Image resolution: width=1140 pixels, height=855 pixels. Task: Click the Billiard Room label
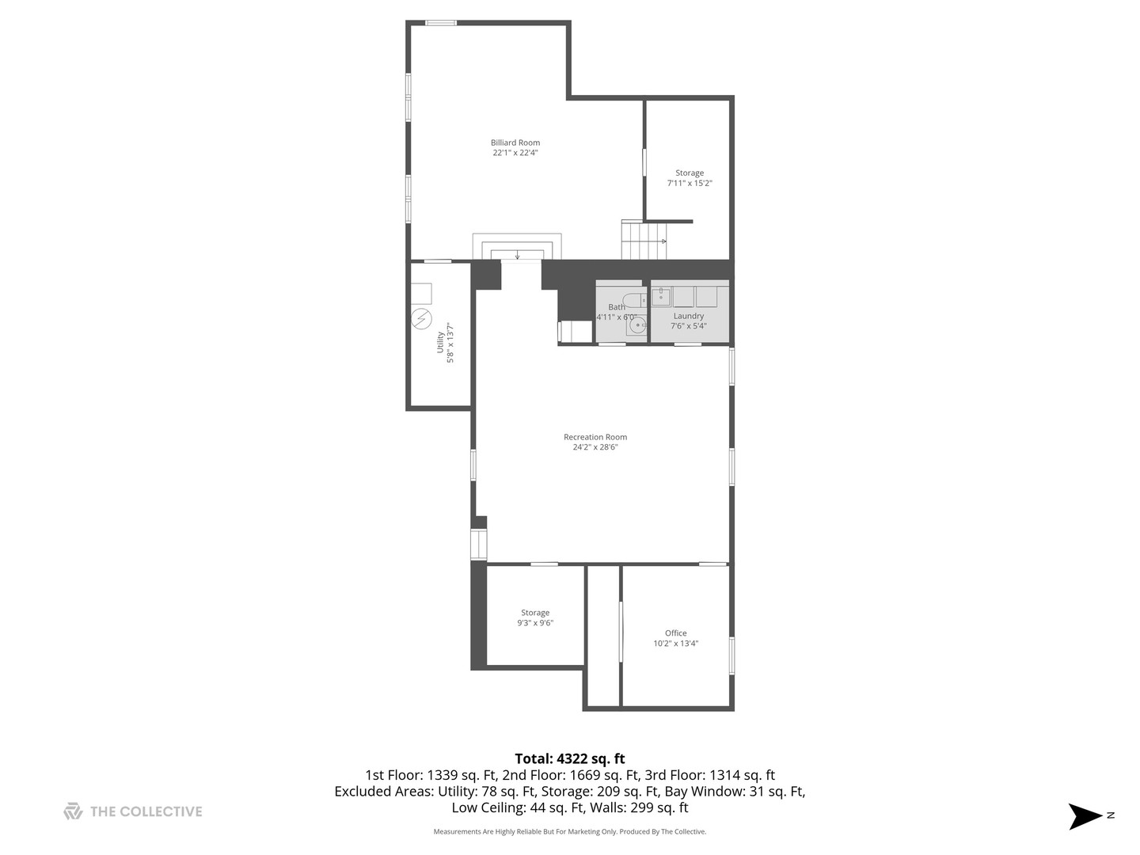pos(515,143)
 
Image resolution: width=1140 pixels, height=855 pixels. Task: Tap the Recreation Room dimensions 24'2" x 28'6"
pos(595,447)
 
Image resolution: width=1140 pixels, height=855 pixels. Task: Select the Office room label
pos(676,633)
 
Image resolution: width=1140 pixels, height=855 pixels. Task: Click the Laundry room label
pos(689,316)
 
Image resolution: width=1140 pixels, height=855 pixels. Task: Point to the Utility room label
pos(441,342)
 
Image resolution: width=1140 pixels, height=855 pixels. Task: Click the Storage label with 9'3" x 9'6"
pos(535,613)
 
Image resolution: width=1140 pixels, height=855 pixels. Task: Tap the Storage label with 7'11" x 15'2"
pos(690,173)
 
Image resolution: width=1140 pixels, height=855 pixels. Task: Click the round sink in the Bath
pos(636,325)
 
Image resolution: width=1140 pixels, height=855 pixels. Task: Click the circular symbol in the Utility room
pos(422,319)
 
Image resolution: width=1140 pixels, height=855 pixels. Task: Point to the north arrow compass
pos(1086,816)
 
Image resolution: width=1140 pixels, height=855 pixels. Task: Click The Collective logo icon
pos(73,811)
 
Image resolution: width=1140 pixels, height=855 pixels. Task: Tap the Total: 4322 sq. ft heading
pos(570,759)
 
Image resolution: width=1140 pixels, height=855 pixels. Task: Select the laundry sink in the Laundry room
pos(661,297)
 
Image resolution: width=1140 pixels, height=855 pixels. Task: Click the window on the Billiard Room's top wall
pos(441,23)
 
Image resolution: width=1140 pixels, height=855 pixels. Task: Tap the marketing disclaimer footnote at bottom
pos(570,832)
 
